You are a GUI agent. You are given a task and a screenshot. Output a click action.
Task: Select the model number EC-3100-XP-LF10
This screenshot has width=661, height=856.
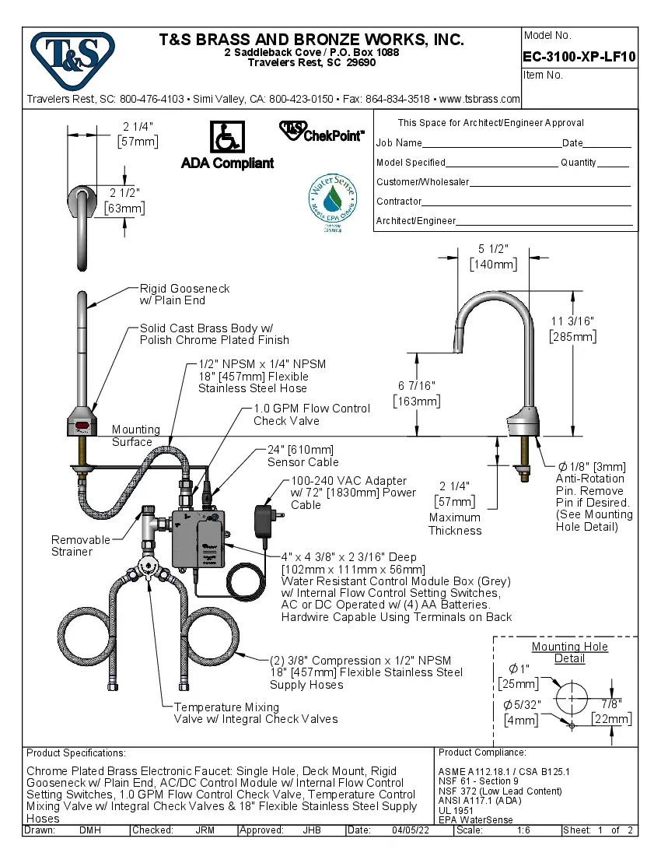(579, 57)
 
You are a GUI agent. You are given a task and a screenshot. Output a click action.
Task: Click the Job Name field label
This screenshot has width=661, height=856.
(399, 143)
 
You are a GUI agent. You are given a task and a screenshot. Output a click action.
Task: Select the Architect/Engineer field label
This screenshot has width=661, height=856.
(415, 221)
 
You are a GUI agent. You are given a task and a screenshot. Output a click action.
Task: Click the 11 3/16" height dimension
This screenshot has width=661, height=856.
(572, 328)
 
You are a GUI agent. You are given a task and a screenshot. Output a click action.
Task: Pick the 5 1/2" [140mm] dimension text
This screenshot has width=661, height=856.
(493, 257)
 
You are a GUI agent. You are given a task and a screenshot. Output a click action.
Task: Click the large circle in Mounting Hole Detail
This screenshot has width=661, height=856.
(572, 696)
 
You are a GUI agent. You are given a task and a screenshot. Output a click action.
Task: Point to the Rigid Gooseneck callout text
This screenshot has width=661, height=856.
(184, 294)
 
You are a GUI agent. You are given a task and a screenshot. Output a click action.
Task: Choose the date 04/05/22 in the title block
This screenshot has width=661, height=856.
(411, 830)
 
